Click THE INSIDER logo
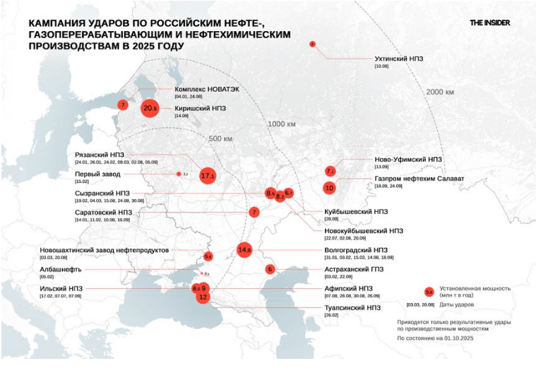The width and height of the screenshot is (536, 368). [x=489, y=23]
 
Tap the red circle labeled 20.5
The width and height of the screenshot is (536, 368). [x=150, y=108]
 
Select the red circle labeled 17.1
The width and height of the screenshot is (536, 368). [x=207, y=174]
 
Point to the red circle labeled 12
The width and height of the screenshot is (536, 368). [x=203, y=297]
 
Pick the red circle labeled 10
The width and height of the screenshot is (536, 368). [x=329, y=188]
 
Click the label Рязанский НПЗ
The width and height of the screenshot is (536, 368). [x=100, y=155]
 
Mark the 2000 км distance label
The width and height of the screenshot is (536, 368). [x=439, y=92]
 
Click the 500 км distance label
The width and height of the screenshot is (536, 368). [x=220, y=138]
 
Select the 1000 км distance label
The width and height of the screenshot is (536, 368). [x=281, y=124]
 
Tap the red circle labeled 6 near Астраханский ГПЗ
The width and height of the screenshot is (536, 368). [x=270, y=269]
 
